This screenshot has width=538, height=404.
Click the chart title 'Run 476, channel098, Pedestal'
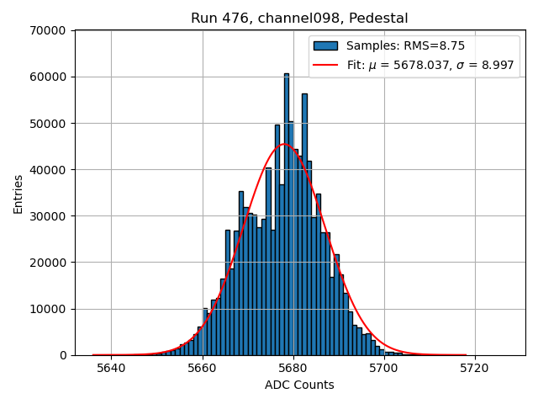[x=299, y=19]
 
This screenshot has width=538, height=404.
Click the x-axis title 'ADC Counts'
[x=299, y=385]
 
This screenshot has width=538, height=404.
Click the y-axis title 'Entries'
[x=18, y=193]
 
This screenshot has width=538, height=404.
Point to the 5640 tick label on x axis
[x=111, y=368]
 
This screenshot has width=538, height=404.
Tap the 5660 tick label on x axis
[x=202, y=368]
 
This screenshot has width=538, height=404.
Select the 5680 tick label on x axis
[x=293, y=368]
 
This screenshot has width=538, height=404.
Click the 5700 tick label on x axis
[x=384, y=368]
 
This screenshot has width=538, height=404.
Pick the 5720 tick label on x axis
[x=475, y=368]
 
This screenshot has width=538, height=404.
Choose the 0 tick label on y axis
[x=63, y=355]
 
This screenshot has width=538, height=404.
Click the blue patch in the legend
[x=326, y=46]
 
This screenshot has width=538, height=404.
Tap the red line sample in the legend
[x=326, y=65]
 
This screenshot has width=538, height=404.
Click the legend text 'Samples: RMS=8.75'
[x=406, y=46]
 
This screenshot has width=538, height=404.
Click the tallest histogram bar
[x=286, y=210]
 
